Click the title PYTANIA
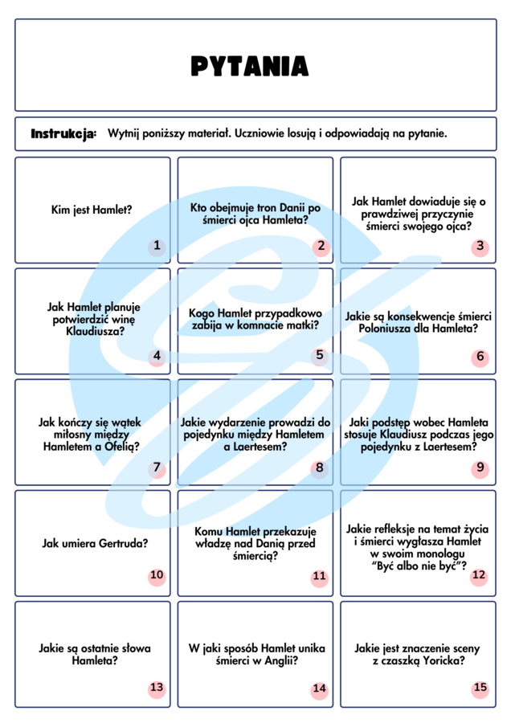(x=249, y=66)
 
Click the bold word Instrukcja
(x=63, y=133)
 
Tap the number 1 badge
(x=157, y=247)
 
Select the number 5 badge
(x=320, y=356)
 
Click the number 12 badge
(x=479, y=576)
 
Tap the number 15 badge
(x=480, y=688)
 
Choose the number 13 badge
(x=157, y=688)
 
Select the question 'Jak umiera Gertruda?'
(x=95, y=544)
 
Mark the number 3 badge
(x=480, y=247)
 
